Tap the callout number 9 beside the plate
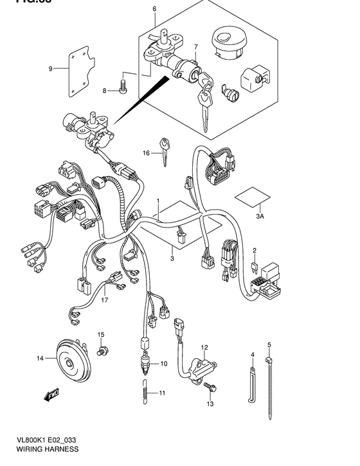(50, 67)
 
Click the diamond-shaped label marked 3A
(252, 196)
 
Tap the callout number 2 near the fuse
(255, 249)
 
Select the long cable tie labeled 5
(270, 379)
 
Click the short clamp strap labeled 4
(252, 382)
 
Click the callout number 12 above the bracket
(204, 348)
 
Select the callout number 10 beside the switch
(163, 364)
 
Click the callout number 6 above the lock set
(154, 9)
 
